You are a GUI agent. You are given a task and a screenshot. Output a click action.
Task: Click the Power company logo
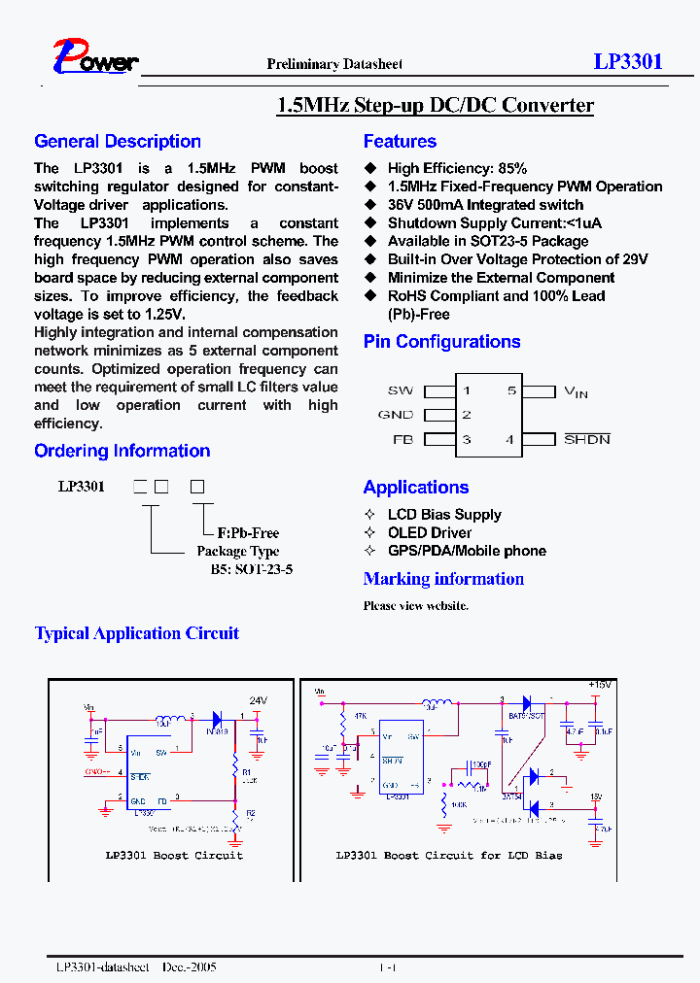click(95, 58)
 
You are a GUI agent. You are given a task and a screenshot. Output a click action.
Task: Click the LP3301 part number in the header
click(628, 61)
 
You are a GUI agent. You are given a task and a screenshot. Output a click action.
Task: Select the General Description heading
click(118, 142)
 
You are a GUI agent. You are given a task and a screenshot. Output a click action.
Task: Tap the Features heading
click(400, 142)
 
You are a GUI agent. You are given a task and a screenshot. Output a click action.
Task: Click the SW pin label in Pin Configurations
click(400, 390)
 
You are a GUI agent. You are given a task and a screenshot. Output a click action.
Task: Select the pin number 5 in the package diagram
click(511, 390)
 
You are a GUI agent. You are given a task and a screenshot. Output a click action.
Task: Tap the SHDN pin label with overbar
click(587, 439)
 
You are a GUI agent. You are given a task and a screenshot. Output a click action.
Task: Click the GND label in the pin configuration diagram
click(396, 415)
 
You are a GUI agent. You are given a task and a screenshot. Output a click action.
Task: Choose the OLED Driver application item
click(430, 532)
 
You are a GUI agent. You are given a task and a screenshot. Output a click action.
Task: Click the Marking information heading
click(443, 579)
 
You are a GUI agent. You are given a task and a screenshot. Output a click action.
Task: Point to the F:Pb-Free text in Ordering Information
click(248, 533)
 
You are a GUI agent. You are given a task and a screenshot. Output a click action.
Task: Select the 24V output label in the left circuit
click(258, 700)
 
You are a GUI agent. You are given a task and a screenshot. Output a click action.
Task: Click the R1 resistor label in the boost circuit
click(247, 772)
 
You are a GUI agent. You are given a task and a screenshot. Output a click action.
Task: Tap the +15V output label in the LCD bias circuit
click(599, 686)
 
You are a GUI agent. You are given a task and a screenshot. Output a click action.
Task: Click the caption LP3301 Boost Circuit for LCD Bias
click(448, 855)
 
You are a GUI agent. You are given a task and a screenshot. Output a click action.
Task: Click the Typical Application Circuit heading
click(137, 633)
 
